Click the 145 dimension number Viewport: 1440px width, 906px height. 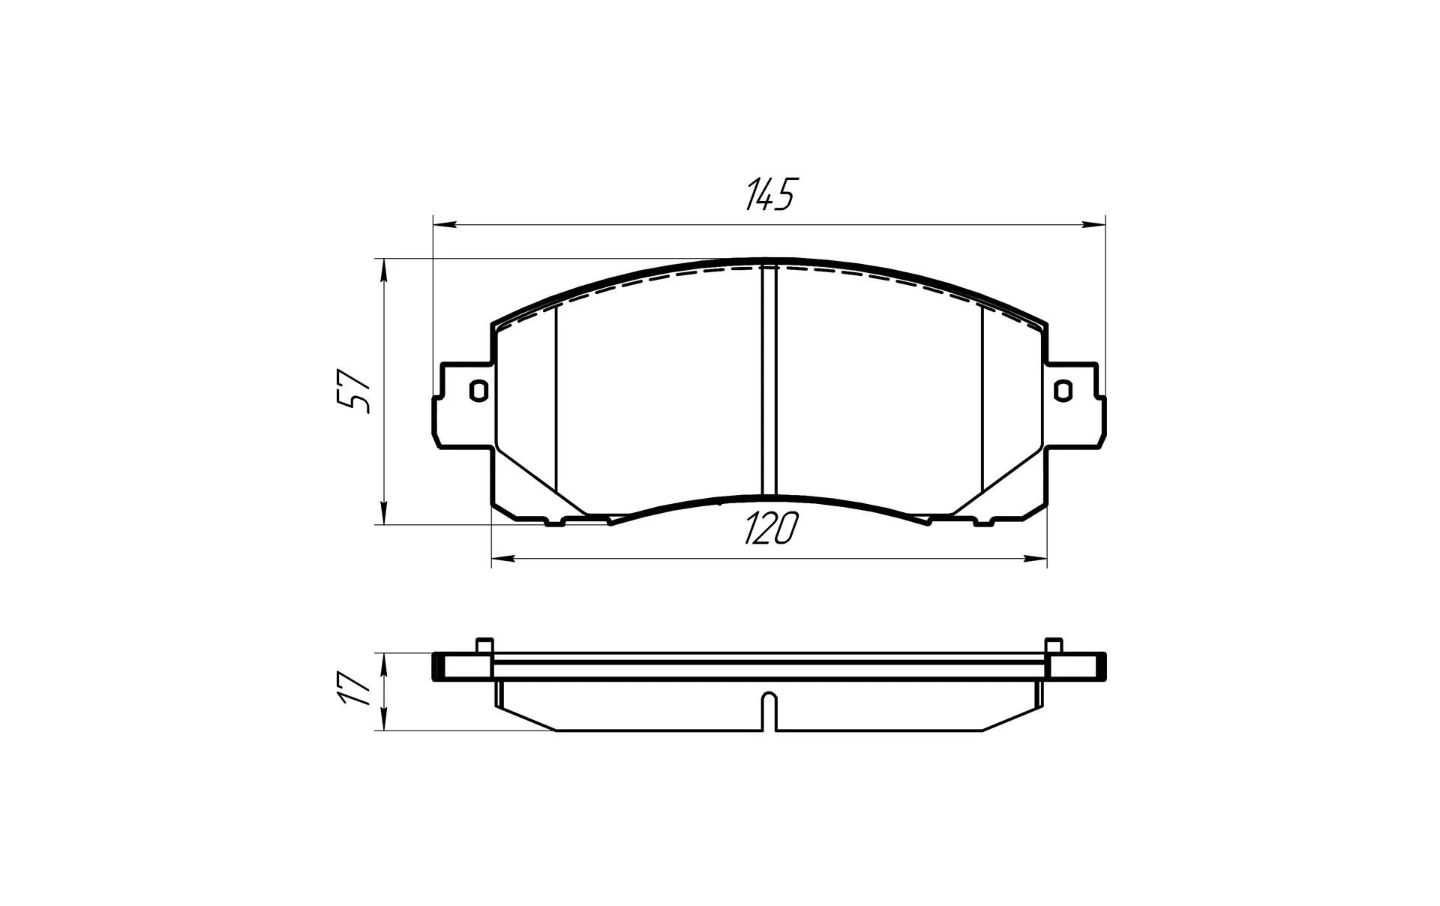click(769, 195)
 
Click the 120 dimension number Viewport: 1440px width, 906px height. click(770, 529)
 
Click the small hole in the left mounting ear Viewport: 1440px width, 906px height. click(478, 391)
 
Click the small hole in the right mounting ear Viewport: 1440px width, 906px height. click(1062, 391)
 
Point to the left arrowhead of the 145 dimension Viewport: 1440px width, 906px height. click(445, 223)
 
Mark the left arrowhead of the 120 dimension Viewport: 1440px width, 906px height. click(503, 558)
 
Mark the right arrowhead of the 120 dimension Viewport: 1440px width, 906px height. click(1035, 558)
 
